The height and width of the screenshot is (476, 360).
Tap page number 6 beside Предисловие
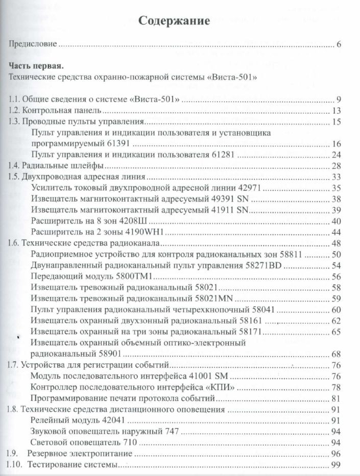point(339,45)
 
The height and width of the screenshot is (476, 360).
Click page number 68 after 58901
point(336,354)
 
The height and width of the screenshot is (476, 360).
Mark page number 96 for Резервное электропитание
point(336,454)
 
